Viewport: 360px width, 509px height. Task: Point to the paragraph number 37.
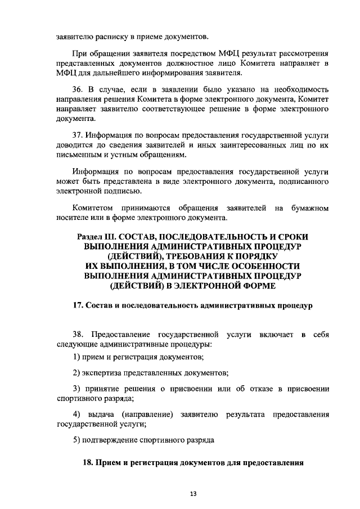(x=80, y=136)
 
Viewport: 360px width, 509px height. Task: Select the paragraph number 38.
(x=80, y=335)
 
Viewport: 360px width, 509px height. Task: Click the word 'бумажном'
(x=309, y=209)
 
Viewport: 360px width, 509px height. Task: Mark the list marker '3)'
(x=78, y=388)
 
